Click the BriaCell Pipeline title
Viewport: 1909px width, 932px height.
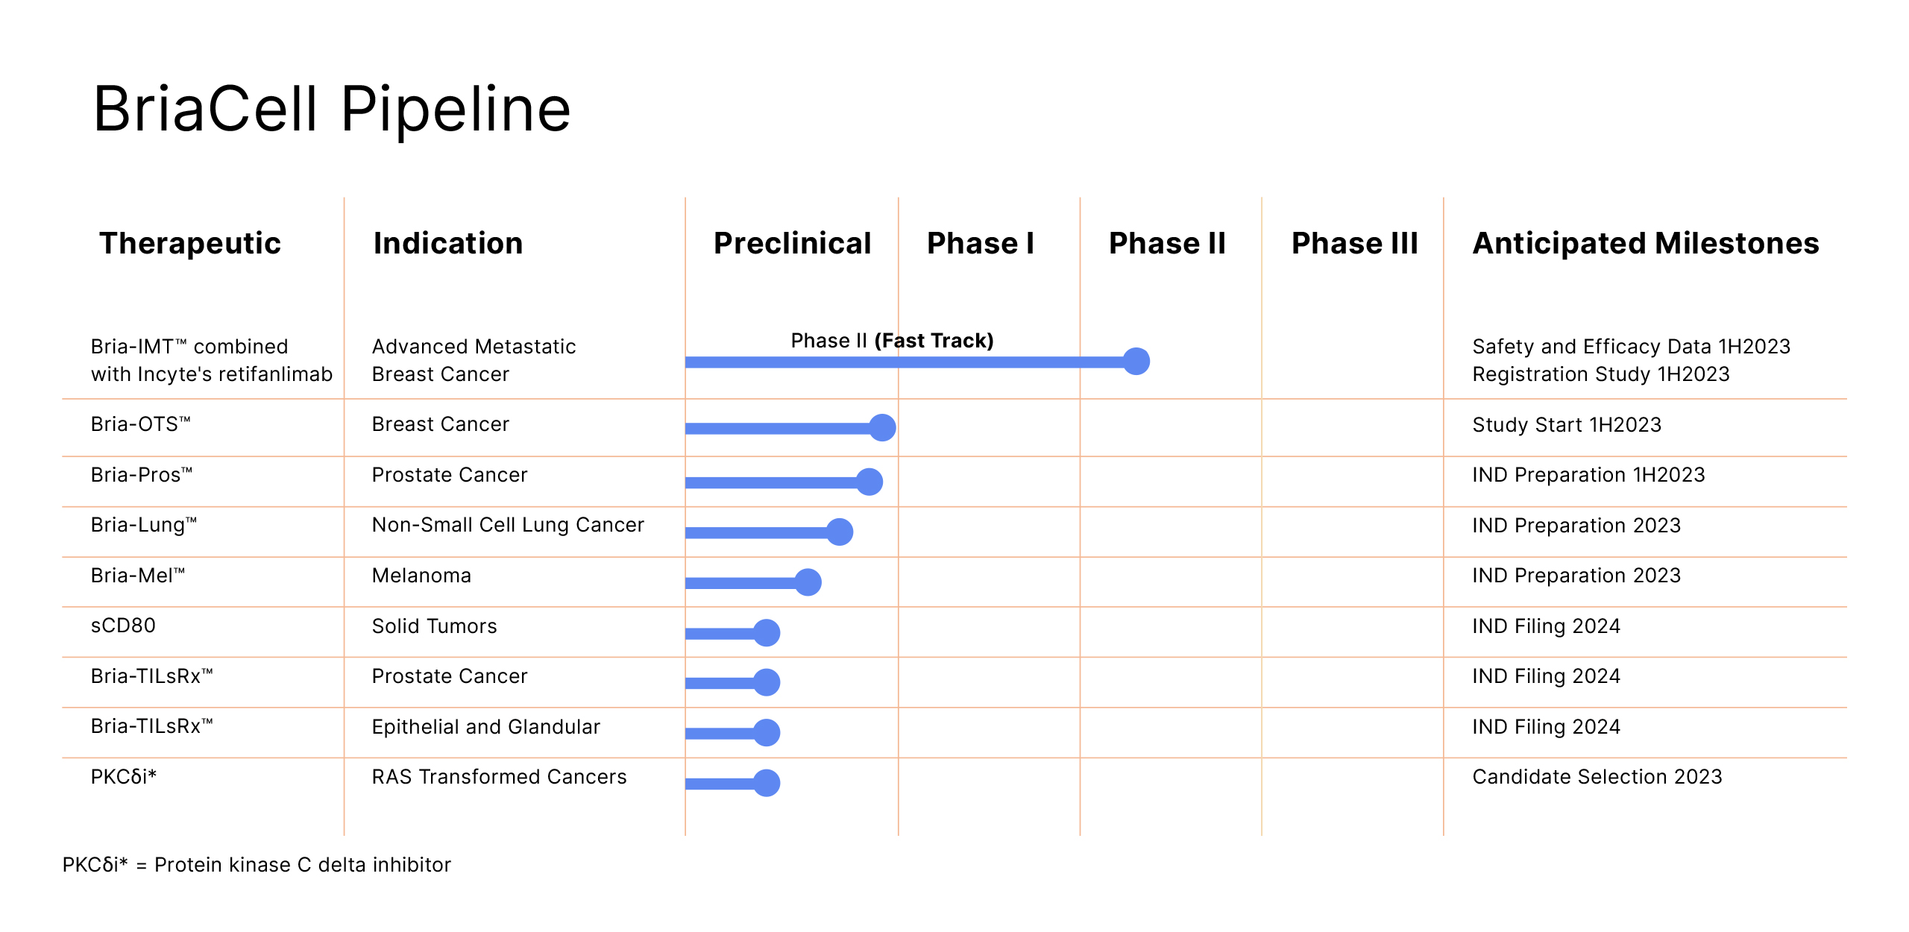tap(332, 110)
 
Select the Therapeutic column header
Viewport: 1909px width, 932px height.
tap(190, 244)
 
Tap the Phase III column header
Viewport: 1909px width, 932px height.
tap(1354, 243)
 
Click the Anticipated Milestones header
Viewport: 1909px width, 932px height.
tap(1646, 244)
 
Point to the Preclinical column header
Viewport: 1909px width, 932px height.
tap(792, 243)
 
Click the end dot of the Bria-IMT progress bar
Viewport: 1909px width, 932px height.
tap(1136, 362)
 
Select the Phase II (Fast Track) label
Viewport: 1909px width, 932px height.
tap(892, 341)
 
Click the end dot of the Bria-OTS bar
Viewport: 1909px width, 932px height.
tap(882, 427)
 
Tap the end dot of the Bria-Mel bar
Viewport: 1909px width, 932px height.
tap(808, 582)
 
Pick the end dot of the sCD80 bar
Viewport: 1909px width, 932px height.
tap(767, 633)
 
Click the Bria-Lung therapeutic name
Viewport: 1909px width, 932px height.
tap(144, 526)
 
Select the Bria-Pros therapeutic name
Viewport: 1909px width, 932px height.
tap(142, 475)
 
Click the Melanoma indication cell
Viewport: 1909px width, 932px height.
tap(421, 576)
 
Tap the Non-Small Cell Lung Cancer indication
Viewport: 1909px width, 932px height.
tap(508, 526)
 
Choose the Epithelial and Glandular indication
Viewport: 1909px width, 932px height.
tap(486, 727)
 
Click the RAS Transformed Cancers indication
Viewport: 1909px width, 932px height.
tap(500, 777)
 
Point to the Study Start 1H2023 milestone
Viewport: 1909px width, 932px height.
tap(1567, 425)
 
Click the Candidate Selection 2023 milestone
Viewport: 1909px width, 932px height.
tap(1597, 777)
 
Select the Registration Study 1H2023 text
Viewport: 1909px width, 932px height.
tap(1601, 374)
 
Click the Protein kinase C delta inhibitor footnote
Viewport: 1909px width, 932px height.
tap(303, 865)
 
